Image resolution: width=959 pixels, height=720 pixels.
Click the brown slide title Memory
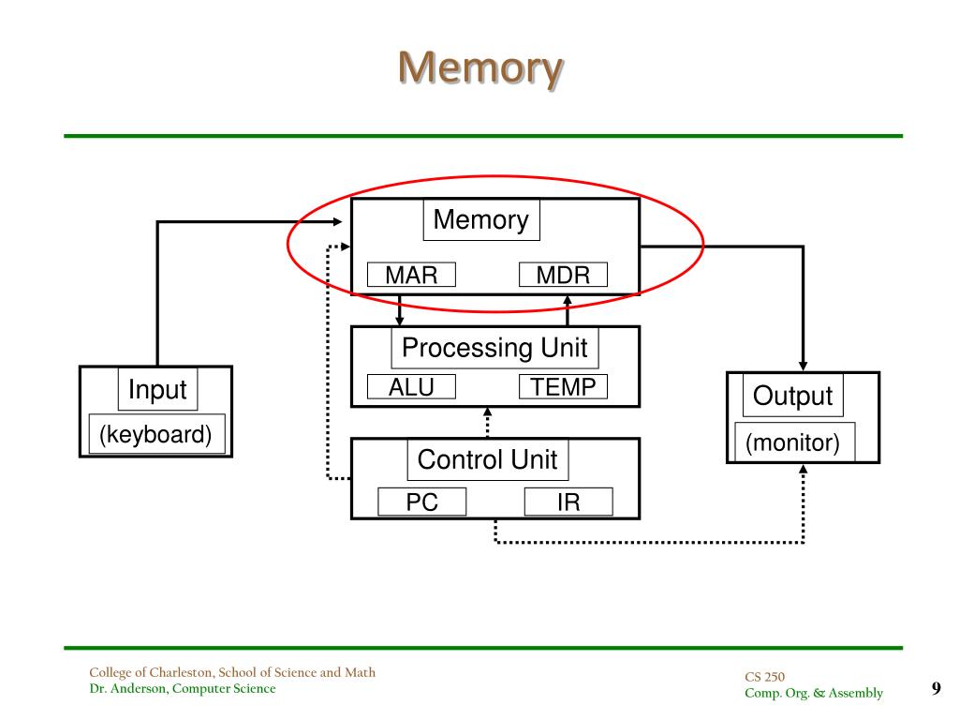pos(480,67)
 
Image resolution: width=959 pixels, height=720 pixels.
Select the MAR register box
pos(412,275)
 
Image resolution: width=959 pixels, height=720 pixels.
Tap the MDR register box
pos(563,275)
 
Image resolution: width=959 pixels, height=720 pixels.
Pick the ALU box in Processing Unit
pos(412,387)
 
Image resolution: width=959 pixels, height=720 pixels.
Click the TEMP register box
pos(563,387)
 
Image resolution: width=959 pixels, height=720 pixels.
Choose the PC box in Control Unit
pos(422,502)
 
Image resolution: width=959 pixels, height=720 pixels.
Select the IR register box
pos(568,502)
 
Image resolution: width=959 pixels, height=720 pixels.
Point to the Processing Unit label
pos(494,348)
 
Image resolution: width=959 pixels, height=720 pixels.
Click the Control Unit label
pos(488,459)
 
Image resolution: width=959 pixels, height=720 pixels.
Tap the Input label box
pos(157,389)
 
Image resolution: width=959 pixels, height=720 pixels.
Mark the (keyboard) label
pos(156,434)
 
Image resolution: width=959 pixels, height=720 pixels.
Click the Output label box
pos(793,396)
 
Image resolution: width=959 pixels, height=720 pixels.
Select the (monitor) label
pos(793,442)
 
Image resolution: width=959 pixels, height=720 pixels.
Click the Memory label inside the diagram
pos(481,219)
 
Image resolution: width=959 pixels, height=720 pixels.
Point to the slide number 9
pos(937,688)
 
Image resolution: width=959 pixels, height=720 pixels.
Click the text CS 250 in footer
pos(764,677)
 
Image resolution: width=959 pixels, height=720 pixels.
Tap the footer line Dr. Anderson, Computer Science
pos(183,688)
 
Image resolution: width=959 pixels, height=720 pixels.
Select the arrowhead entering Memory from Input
pos(337,221)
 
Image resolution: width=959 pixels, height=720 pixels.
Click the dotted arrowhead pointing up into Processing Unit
pos(487,412)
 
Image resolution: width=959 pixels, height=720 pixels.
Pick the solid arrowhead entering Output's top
pos(803,367)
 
